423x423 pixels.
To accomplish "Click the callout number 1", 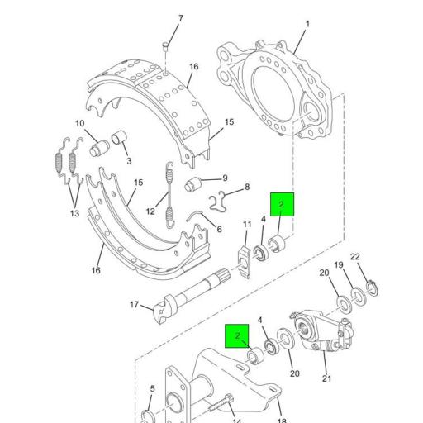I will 307,25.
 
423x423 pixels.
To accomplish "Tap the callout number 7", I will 181,19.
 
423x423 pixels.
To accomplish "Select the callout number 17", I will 134,305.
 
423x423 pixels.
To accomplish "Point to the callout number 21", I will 326,378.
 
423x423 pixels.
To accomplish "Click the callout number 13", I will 75,214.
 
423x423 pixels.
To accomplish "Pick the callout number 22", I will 354,257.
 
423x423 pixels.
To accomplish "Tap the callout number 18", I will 281,421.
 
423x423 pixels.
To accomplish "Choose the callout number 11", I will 247,225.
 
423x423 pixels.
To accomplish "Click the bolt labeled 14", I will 217,406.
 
